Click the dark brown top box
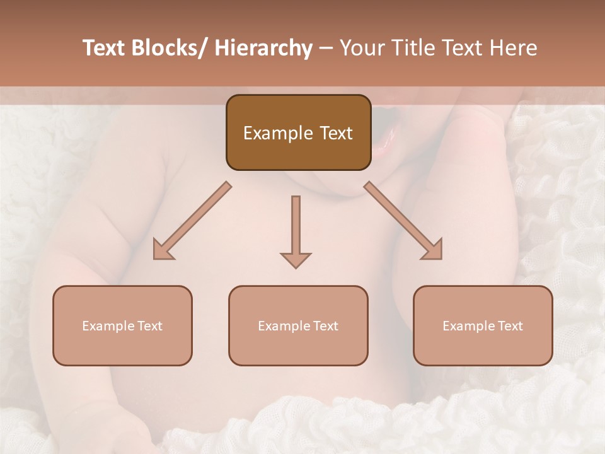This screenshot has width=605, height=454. [x=298, y=132]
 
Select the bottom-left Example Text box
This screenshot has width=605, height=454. [x=122, y=325]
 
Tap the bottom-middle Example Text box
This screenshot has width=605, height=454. [x=298, y=325]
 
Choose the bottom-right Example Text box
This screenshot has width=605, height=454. [x=483, y=325]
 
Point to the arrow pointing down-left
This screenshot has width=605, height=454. [x=192, y=221]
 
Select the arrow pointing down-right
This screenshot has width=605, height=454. [x=403, y=221]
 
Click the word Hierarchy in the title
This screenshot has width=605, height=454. [x=263, y=48]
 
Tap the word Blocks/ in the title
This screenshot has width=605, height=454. [x=170, y=48]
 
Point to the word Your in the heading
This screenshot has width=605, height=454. [x=361, y=48]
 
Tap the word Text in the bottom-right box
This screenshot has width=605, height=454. [x=510, y=325]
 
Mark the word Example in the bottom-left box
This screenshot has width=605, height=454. [x=108, y=325]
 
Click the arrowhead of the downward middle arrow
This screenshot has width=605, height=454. [x=296, y=259]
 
